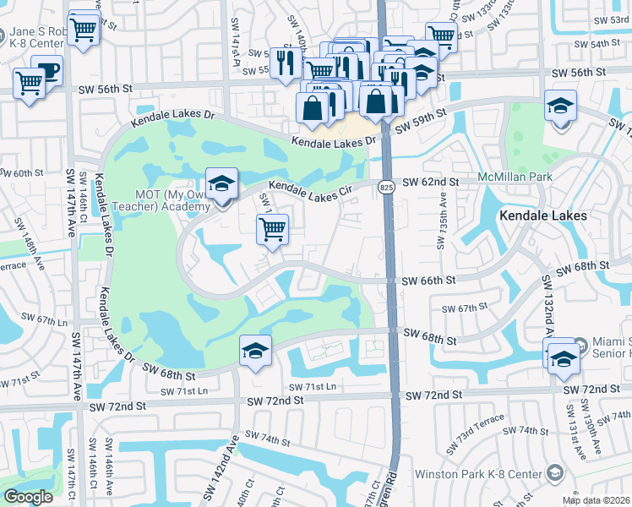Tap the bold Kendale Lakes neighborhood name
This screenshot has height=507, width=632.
coord(542,215)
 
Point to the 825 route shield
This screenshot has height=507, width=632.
coord(386,187)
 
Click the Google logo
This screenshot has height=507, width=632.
coord(28,496)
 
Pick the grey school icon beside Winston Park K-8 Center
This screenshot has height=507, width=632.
coord(555,472)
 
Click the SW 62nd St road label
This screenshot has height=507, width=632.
coord(430,182)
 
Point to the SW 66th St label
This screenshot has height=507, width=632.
coord(428,281)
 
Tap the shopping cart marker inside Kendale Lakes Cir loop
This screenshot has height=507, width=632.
coord(272,228)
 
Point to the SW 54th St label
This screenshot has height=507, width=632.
coord(596,43)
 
